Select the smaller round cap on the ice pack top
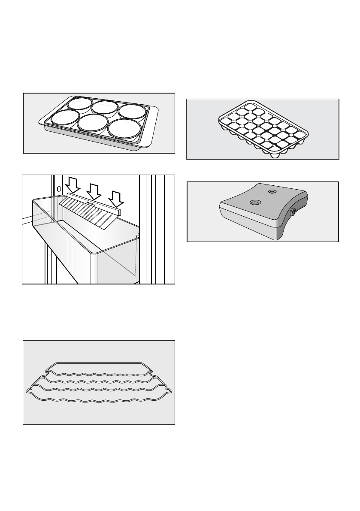tap(271, 192)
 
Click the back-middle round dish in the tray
tap(104, 107)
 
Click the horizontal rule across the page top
tap(180, 38)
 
